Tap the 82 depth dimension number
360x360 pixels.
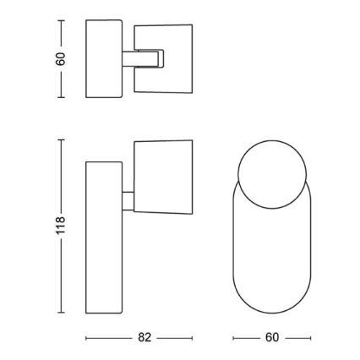[x=144, y=337]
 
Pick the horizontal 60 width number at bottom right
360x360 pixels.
[x=271, y=337]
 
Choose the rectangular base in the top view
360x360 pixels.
[x=101, y=60]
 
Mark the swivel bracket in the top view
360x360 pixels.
[x=142, y=58]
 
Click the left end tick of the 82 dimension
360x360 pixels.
[x=88, y=338]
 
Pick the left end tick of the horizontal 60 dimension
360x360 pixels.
[x=232, y=338]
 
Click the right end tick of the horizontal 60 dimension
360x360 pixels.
[x=310, y=338]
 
